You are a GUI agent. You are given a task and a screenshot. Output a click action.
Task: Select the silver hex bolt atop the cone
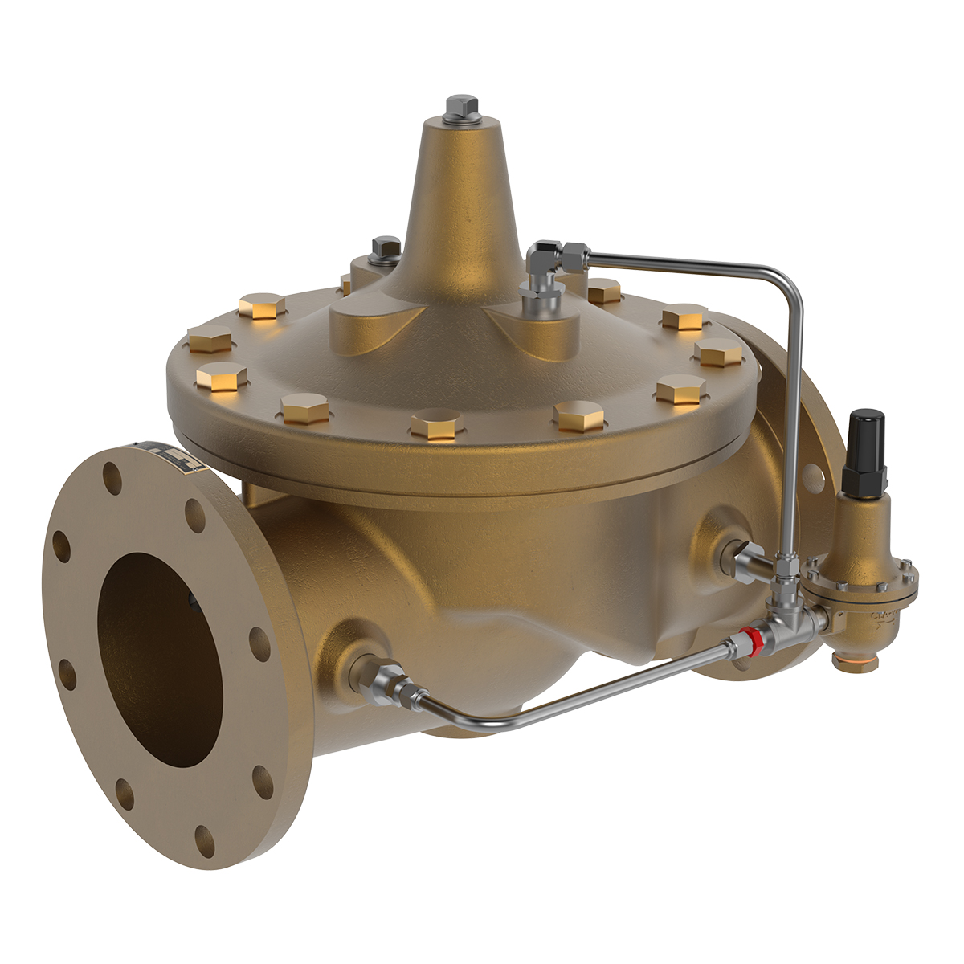point(460,108)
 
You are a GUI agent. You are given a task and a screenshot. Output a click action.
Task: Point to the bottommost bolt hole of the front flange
point(205,835)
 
